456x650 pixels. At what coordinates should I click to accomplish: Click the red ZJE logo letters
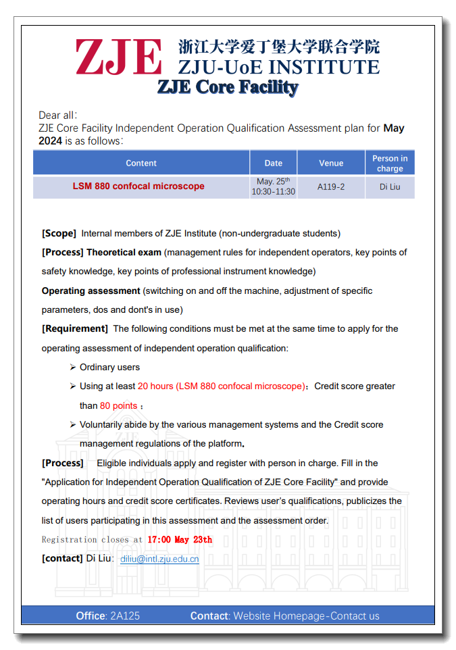(119, 57)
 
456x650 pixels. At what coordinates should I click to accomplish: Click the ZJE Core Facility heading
(228, 87)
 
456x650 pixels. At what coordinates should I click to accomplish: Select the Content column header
(141, 163)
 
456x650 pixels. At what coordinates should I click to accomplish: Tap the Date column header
(274, 163)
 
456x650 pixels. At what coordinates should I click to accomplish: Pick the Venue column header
(331, 163)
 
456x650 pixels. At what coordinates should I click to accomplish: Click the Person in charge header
(390, 164)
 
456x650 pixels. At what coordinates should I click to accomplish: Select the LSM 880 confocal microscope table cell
(138, 186)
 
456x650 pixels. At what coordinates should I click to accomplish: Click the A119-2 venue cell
(331, 186)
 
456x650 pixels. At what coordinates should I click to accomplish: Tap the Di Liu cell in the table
(390, 186)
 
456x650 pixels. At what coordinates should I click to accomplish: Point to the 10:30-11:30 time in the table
(274, 192)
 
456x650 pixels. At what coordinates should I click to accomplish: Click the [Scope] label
(59, 233)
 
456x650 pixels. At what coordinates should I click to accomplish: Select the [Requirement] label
(74, 328)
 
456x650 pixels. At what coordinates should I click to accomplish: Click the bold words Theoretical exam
(124, 252)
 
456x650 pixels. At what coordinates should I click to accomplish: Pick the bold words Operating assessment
(91, 291)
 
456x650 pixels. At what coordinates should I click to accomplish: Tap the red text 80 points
(119, 405)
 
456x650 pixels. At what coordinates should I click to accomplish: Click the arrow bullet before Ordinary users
(72, 367)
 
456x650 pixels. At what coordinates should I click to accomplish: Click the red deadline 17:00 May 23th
(180, 539)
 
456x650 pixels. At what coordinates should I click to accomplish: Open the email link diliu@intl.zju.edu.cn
(159, 559)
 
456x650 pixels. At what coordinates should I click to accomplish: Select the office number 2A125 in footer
(125, 616)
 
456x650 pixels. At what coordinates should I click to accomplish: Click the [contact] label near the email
(62, 559)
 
